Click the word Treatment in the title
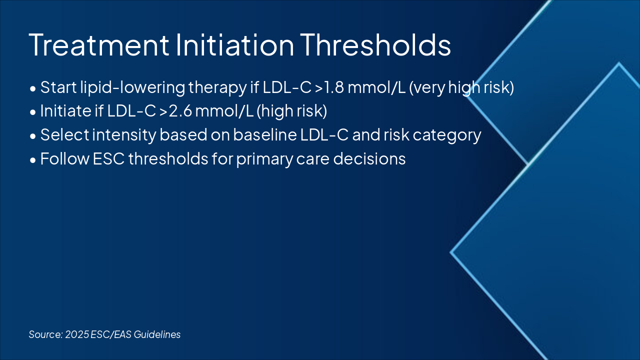pyautogui.click(x=99, y=45)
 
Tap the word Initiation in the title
pyautogui.click(x=235, y=45)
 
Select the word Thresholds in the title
pyautogui.click(x=375, y=45)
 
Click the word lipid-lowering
pyautogui.click(x=132, y=88)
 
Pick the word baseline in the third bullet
pyautogui.click(x=265, y=134)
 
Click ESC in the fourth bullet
pyautogui.click(x=109, y=159)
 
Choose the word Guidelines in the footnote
pyautogui.click(x=157, y=334)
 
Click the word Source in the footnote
pyautogui.click(x=45, y=334)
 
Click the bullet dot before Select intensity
pyautogui.click(x=33, y=136)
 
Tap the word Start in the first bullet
pyautogui.click(x=58, y=87)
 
